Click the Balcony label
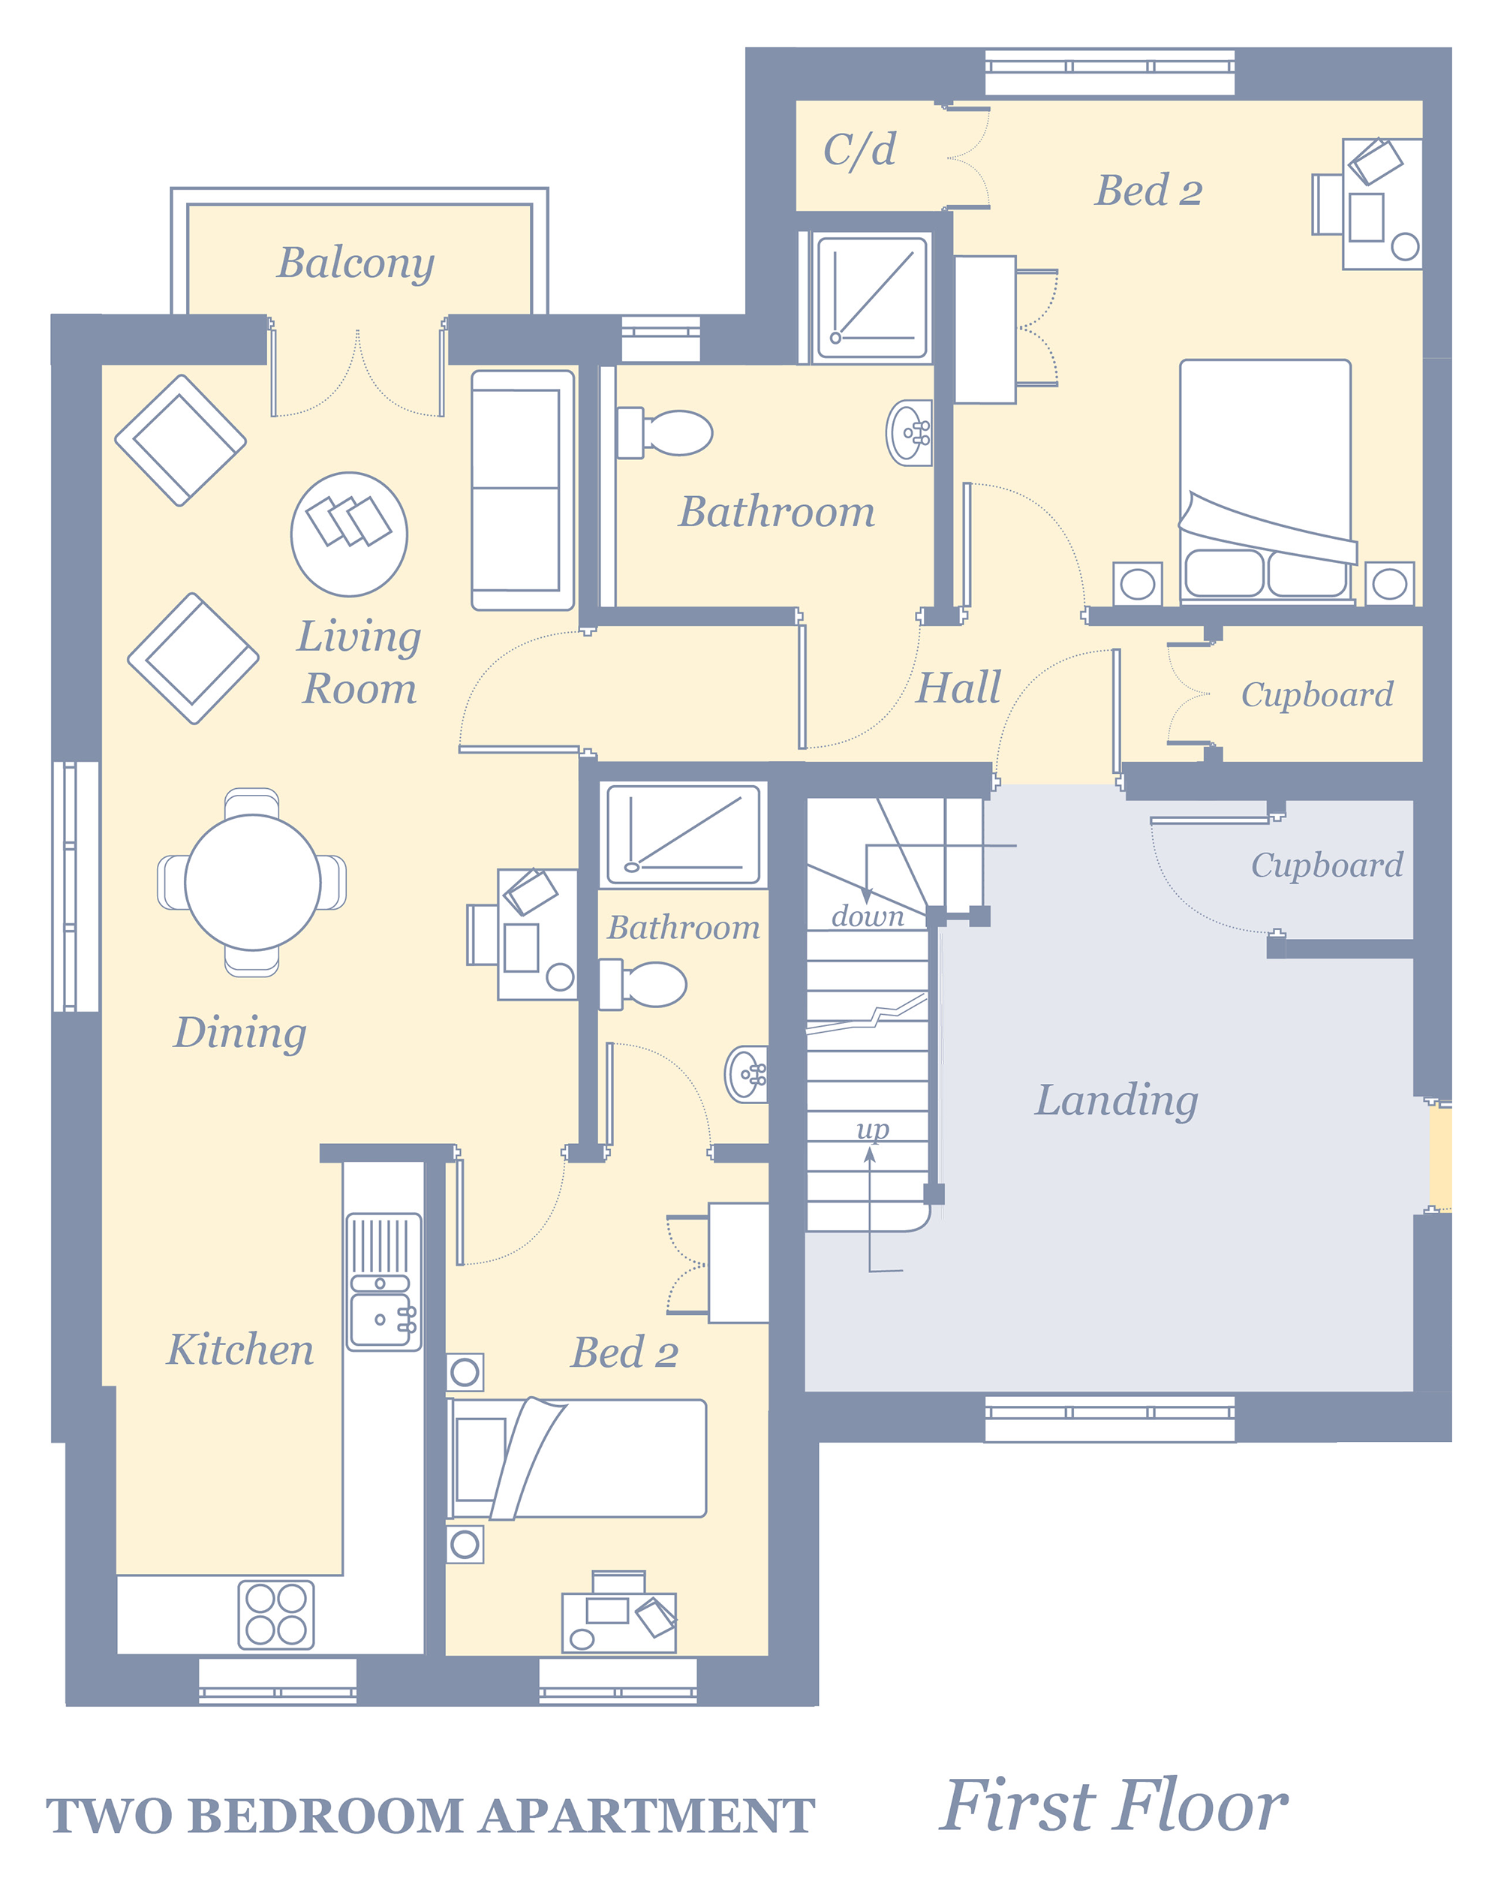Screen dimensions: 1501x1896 click(356, 263)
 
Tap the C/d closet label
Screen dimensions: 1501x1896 click(859, 149)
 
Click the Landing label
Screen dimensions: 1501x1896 click(1116, 1100)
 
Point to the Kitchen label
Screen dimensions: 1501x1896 click(241, 1350)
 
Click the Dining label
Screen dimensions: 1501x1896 click(240, 1033)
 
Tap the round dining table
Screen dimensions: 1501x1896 click(252, 883)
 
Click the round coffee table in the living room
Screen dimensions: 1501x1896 click(349, 534)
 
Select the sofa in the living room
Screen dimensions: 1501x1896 click(523, 490)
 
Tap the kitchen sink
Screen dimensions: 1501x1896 click(384, 1283)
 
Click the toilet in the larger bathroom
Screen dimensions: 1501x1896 click(664, 432)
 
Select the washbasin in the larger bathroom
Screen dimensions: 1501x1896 click(910, 432)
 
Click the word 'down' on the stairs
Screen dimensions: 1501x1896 click(868, 916)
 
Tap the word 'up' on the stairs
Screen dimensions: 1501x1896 click(873, 1129)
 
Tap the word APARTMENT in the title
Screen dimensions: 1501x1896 click(647, 1816)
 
